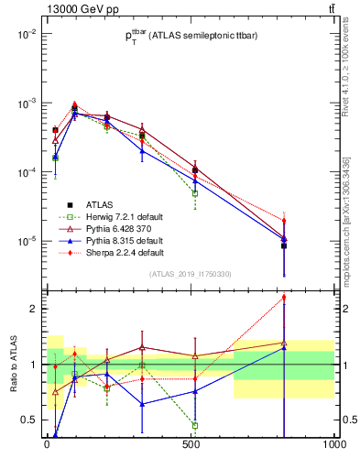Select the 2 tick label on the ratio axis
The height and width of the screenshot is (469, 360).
(x=34, y=309)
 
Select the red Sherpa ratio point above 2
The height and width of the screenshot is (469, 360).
(x=334, y=297)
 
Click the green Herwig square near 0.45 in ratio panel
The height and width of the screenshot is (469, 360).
(x=195, y=425)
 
